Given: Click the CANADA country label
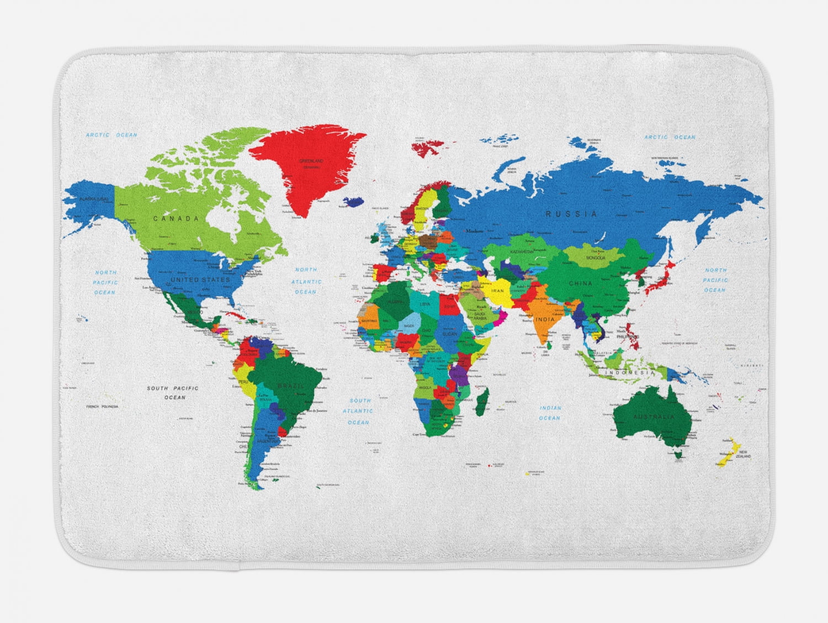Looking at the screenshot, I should pos(176,219).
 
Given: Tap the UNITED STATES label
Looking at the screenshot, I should pos(200,280).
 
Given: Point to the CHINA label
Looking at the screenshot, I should pos(581,283).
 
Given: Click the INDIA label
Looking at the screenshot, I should pos(545,320).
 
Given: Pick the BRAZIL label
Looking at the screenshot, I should pos(291,386).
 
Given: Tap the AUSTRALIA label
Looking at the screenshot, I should pos(654,416).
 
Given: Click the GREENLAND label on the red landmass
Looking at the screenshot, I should pos(310,161).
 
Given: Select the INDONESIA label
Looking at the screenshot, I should pos(629,373).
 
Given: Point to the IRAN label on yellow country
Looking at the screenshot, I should pos(498,290).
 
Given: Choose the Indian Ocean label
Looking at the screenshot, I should pos(550,413).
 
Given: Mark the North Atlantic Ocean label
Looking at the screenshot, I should pos(305,281).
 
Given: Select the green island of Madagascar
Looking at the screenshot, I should pos(482,395).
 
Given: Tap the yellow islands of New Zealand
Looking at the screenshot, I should pos(728,452).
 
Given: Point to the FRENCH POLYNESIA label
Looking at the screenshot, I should pos(102,406).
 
